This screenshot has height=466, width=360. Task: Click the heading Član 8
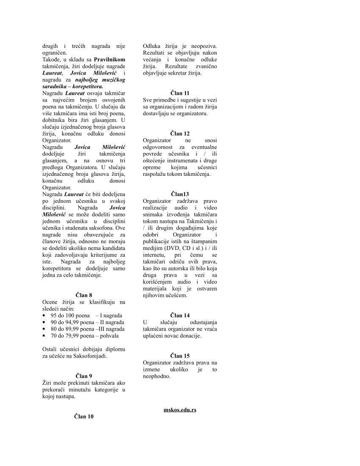84,295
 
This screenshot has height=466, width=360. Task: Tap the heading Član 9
84,376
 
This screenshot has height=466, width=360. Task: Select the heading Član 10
84,416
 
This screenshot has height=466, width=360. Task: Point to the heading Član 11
180,93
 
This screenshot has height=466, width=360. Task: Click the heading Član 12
180,133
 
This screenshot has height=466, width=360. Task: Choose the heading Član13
180,194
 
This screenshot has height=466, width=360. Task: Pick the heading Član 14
180,315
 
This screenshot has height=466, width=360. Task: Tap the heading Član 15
180,356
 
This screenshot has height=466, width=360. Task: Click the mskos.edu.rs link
180,410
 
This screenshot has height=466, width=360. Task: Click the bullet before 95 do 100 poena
44,316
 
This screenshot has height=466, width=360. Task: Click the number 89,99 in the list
71,329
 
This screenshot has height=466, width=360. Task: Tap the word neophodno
157,376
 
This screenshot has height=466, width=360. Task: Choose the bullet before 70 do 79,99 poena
44,336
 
